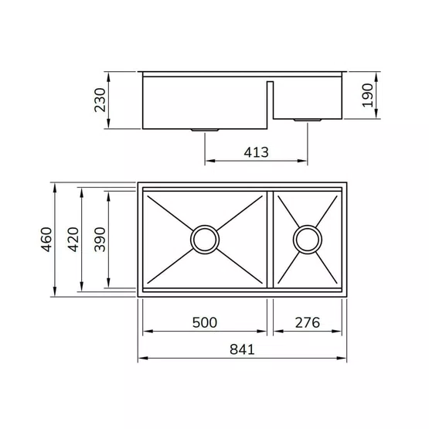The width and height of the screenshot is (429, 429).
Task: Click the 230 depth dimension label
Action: pyautogui.click(x=100, y=100)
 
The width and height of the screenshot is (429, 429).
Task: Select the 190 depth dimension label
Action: pyautogui.click(x=367, y=96)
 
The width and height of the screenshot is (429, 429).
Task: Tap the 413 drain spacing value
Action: pyautogui.click(x=256, y=152)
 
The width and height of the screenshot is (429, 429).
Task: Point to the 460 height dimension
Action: pyautogui.click(x=46, y=240)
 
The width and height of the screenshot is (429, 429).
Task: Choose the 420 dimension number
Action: pyautogui.click(x=73, y=240)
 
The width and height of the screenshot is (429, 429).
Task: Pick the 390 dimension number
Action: pyautogui.click(x=100, y=240)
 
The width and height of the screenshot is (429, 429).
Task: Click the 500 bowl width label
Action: pyautogui.click(x=205, y=322)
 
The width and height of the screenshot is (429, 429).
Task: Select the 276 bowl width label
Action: pyautogui.click(x=307, y=322)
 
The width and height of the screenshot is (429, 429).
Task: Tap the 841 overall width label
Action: pyautogui.click(x=242, y=349)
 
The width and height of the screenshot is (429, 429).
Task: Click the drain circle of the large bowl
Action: pyautogui.click(x=205, y=226)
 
